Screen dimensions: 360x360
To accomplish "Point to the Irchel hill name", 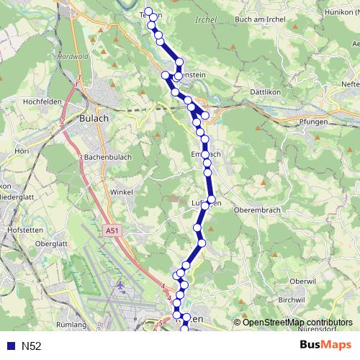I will click(206, 20).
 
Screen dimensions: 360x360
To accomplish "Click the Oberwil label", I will click(302, 281).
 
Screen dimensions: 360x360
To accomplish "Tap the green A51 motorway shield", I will click(111, 230).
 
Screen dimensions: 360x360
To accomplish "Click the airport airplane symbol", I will click(119, 285).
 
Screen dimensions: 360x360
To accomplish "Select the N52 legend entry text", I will click(32, 346).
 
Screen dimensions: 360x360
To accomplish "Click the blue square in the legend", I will click(10, 346).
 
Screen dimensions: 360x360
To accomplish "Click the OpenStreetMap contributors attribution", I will click(297, 323).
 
